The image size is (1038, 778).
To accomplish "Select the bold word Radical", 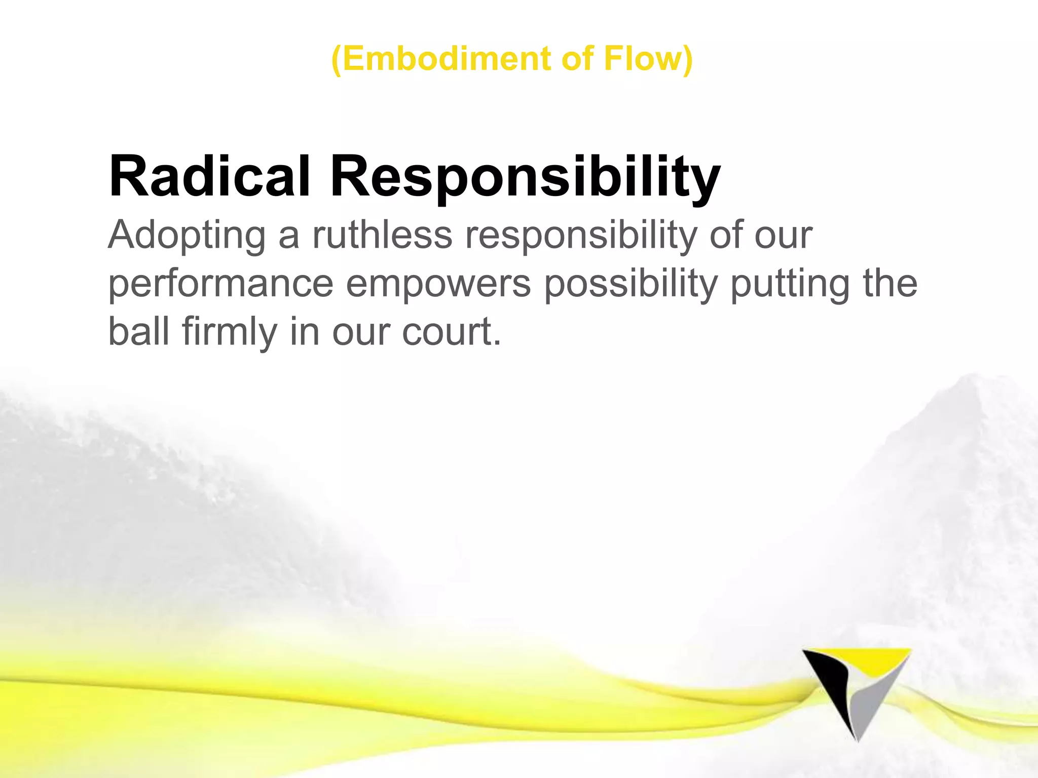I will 209,176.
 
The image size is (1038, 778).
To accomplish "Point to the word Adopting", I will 187,236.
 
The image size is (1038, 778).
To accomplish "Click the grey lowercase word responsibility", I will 581,236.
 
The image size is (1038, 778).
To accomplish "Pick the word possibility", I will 631,284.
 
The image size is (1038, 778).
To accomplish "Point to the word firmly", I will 229,332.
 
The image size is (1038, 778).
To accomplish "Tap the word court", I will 446,332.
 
